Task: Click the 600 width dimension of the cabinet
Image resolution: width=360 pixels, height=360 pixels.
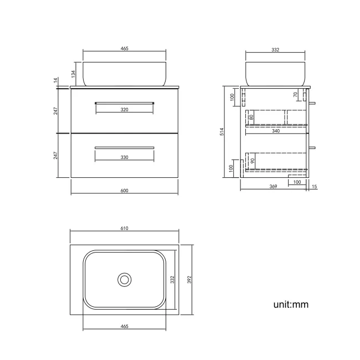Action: click(x=124, y=191)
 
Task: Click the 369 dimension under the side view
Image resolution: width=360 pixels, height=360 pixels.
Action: click(x=273, y=187)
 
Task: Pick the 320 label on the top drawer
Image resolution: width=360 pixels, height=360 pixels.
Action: click(x=124, y=110)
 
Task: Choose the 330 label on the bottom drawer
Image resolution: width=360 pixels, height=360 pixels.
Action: click(x=124, y=157)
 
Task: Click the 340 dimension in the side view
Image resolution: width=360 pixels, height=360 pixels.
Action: click(x=275, y=131)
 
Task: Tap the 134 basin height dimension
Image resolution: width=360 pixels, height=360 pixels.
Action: click(x=73, y=74)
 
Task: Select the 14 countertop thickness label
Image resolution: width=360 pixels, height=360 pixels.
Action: click(x=55, y=80)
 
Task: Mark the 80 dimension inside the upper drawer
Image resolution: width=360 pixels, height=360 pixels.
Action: click(x=251, y=117)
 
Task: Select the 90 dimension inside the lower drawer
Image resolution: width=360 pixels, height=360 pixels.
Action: click(x=251, y=161)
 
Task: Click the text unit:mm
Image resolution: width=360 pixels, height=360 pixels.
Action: click(x=290, y=304)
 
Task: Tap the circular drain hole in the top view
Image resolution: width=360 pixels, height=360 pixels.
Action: click(x=125, y=279)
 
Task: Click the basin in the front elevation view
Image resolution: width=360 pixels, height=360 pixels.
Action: click(x=124, y=73)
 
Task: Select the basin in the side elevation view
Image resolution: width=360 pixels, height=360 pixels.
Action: click(x=275, y=73)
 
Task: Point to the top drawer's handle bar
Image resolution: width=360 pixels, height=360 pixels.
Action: click(x=124, y=102)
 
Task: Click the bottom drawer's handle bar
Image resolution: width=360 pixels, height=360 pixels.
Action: click(x=124, y=147)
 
